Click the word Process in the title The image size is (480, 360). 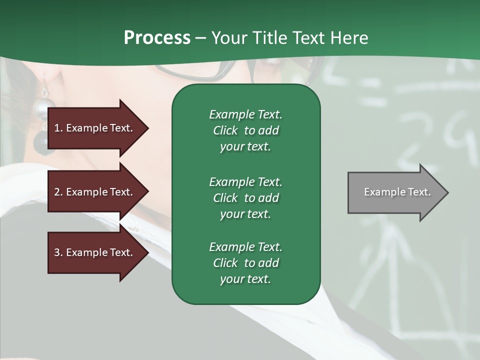click(157, 38)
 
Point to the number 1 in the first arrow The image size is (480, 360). click(57, 128)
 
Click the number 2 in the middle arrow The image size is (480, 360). click(57, 192)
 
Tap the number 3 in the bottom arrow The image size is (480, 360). click(57, 252)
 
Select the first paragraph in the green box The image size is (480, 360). click(245, 130)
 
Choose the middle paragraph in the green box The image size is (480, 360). click(245, 198)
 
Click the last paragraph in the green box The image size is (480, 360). click(245, 263)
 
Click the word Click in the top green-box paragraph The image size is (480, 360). click(225, 130)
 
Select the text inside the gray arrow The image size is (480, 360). click(397, 192)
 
